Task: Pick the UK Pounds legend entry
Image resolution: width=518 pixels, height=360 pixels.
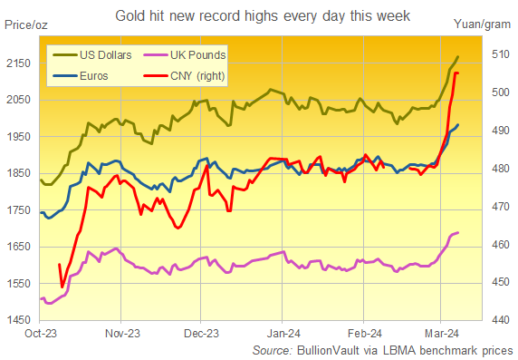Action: point(193,55)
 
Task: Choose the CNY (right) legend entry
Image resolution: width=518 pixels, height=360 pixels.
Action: point(196,75)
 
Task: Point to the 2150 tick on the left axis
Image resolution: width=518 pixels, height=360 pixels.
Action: point(19,63)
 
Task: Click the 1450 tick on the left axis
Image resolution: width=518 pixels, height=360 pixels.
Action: point(19,320)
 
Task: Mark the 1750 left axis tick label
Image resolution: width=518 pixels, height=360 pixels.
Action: point(19,209)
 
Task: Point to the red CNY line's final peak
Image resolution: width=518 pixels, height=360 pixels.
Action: point(456,73)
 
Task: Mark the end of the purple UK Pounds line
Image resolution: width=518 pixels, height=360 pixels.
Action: point(457,233)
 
